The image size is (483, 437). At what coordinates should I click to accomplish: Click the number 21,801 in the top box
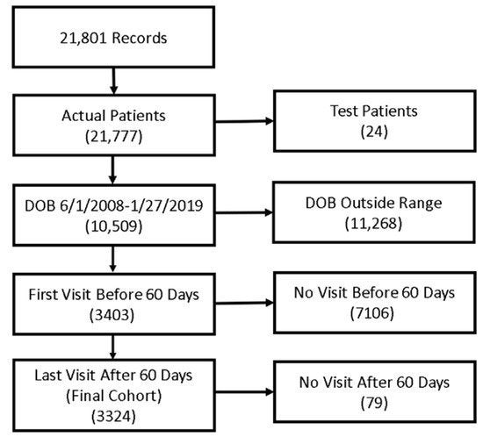pos(83,39)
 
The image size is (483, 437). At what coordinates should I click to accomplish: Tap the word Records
pos(140,38)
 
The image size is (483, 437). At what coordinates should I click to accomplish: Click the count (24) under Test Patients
pos(374,132)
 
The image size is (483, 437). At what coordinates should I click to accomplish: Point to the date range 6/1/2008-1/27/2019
pos(131,206)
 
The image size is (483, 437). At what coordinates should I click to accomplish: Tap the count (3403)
pos(112,315)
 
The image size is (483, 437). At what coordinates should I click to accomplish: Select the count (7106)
pos(372,313)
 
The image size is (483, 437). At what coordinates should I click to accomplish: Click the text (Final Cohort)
pos(113,396)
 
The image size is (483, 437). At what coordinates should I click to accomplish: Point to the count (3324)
pos(113,417)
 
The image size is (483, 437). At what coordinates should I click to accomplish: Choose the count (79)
pos(374,403)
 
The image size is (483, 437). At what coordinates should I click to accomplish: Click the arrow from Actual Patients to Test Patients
pos(244,122)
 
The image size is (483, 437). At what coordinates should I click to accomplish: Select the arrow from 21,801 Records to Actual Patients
pos(113,81)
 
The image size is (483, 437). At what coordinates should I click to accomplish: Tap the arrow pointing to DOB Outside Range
pos(243,212)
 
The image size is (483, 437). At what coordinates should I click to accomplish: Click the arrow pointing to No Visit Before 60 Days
pos(244,303)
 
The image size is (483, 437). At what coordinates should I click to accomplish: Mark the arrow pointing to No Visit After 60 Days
pos(244,392)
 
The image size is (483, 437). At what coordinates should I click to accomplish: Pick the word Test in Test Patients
pos(343,111)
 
